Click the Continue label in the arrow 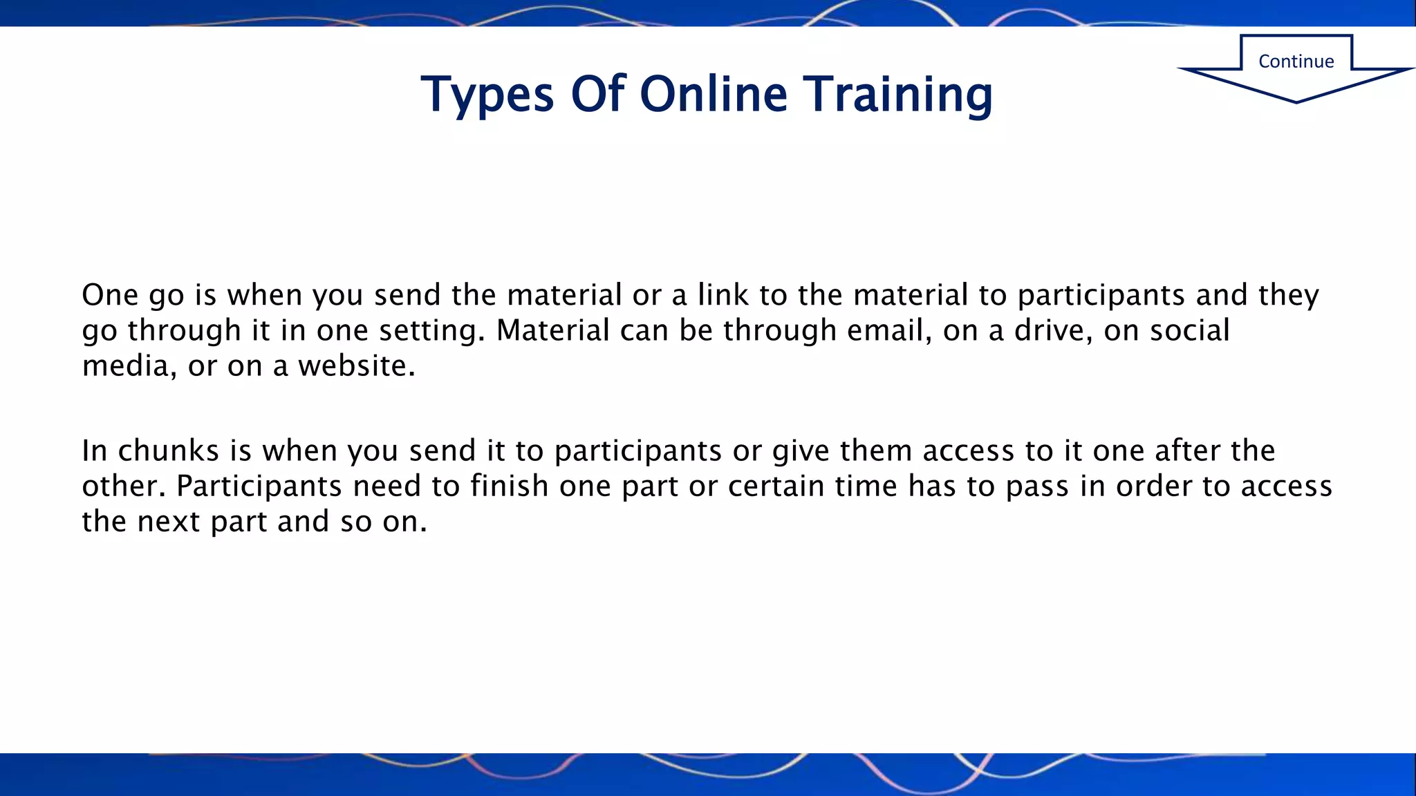(x=1296, y=61)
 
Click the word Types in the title (x=487, y=95)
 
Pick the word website (x=356, y=366)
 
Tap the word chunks (x=169, y=451)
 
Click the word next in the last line (x=169, y=522)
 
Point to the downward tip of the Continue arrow (x=1296, y=102)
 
